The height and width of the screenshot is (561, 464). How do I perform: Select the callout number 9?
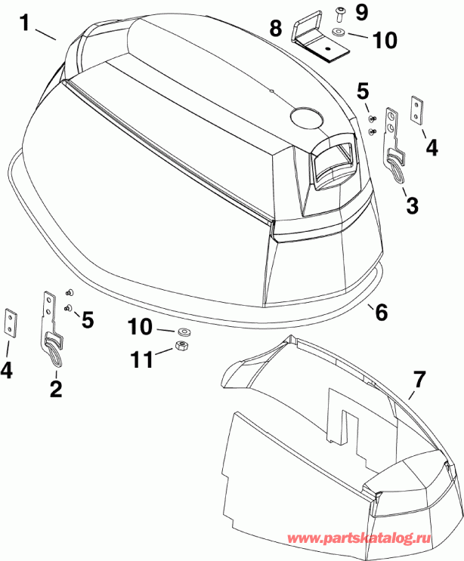coord(361,11)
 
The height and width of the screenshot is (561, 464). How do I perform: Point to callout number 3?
coord(411,205)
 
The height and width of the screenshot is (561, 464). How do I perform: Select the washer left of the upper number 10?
coord(336,34)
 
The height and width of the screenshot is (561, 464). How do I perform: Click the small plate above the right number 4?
coord(416,108)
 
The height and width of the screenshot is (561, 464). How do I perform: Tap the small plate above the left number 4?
coord(11,322)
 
